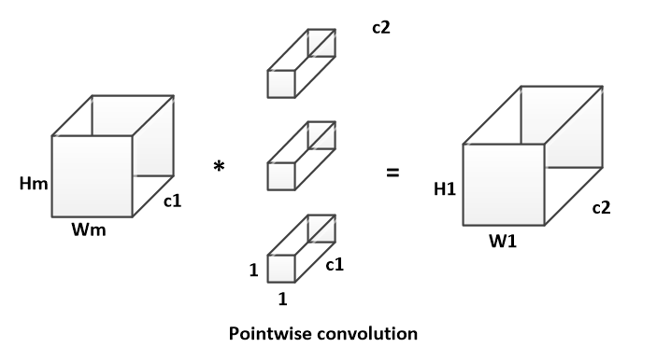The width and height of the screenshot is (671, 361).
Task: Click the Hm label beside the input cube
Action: [34, 184]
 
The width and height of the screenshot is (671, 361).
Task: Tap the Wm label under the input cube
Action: [89, 229]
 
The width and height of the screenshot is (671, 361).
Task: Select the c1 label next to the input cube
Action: [173, 201]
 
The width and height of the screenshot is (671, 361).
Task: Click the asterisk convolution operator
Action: [219, 166]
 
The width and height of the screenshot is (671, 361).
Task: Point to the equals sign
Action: [393, 173]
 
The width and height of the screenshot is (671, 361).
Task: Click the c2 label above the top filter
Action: [381, 27]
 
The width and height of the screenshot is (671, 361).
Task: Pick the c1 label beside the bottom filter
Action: [335, 265]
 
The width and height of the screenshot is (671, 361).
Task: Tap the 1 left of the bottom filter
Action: [254, 270]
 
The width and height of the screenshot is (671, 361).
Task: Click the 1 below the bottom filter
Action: [282, 299]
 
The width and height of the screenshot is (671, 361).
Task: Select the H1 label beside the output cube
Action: [445, 188]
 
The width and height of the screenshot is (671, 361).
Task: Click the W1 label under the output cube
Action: [503, 242]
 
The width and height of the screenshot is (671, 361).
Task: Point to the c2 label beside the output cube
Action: [601, 208]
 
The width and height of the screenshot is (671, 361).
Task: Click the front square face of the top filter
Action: [281, 84]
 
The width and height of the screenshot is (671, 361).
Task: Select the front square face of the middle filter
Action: [281, 176]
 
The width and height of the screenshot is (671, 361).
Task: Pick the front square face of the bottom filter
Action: [281, 269]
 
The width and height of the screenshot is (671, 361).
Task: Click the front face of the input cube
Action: [92, 176]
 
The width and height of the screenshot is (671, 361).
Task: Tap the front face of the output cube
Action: [504, 185]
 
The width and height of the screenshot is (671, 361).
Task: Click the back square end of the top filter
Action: [321, 43]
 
